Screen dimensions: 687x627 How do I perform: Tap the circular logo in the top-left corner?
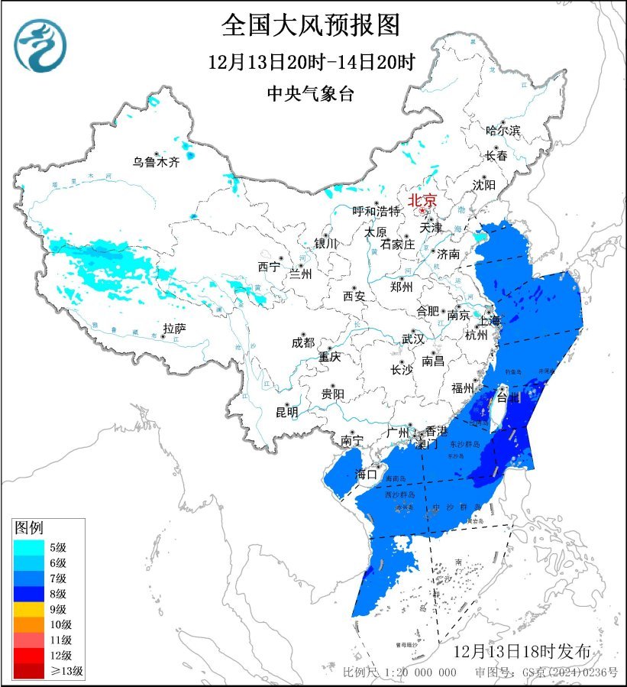coord(40,45)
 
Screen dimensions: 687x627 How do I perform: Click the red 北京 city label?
coord(422,200)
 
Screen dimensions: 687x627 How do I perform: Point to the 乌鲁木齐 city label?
coord(155,162)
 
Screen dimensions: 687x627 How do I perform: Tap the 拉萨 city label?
coord(174,329)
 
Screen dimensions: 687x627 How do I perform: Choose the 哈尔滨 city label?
coord(503,131)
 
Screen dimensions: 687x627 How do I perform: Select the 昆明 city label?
coord(287,413)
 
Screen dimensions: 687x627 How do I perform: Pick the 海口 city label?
coord(367,474)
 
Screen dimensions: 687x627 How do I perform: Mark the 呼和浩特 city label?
coord(376,211)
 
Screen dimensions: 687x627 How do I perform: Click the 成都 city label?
coord(302,343)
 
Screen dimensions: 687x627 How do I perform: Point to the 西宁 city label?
coord(269,267)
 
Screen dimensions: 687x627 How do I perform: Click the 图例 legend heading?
coord(29,528)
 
